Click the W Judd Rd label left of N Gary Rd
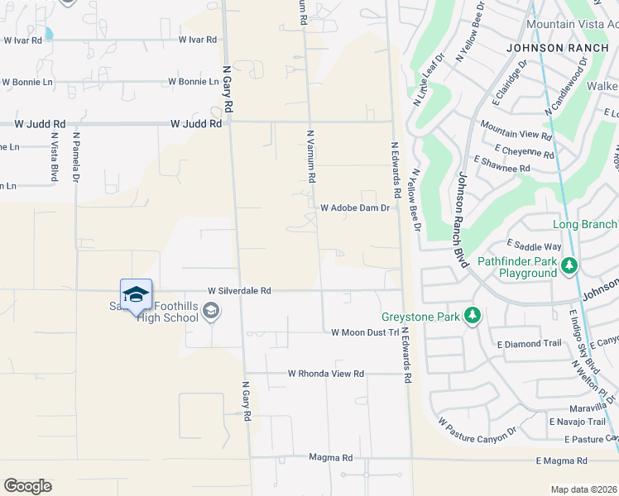[196, 123]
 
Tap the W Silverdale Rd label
[239, 291]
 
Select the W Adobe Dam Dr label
[354, 208]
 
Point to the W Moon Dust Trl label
[365, 332]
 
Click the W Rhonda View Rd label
[326, 374]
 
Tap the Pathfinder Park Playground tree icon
[569, 265]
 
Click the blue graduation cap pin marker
[136, 295]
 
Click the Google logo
[27, 486]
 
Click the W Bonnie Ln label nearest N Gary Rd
[192, 82]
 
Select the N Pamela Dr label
[75, 157]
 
